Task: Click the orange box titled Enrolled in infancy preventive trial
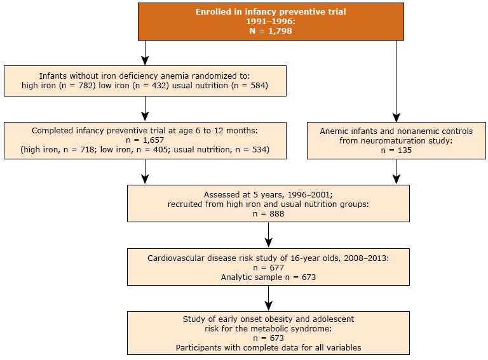tap(270, 21)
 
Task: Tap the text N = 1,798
tap(270, 30)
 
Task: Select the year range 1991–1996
tap(270, 21)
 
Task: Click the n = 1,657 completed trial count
tap(146, 140)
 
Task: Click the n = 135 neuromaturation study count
tap(396, 150)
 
